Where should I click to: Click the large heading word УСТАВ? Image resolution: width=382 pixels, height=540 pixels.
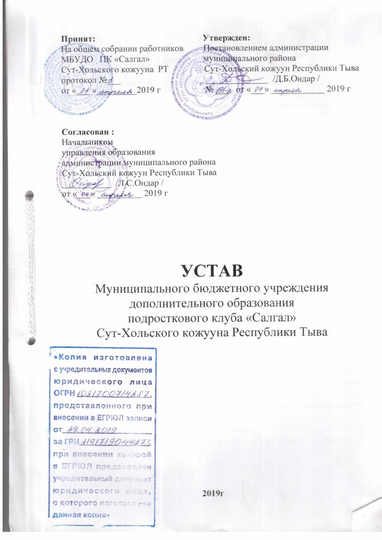pos(211,270)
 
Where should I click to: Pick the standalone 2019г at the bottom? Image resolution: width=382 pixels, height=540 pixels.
pos(210,493)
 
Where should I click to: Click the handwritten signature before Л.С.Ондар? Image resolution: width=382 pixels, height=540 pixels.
pos(87,182)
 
